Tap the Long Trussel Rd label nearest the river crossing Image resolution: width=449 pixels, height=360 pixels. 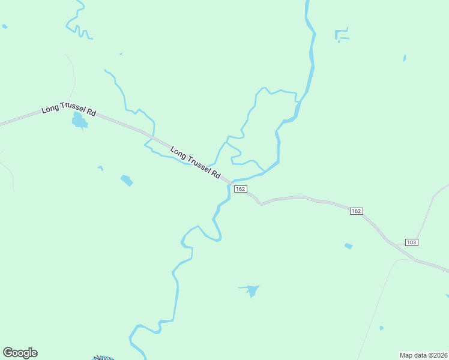195,161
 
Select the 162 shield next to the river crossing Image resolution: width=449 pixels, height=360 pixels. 240,189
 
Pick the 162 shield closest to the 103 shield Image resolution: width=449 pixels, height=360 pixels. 356,211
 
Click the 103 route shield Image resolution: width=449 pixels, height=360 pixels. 411,242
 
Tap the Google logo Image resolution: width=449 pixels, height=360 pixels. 20,353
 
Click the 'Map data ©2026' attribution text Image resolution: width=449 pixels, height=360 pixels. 423,355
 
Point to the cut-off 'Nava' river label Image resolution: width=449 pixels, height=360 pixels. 102,358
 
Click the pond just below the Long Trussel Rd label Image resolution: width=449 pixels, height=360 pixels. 79,122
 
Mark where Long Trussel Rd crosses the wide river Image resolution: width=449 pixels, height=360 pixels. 230,182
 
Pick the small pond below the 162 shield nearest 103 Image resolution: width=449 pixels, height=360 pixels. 348,246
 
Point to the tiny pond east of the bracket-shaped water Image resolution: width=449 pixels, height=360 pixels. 405,58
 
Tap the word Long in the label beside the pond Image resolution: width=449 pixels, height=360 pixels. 50,110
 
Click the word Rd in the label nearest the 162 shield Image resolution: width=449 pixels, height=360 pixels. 215,173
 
